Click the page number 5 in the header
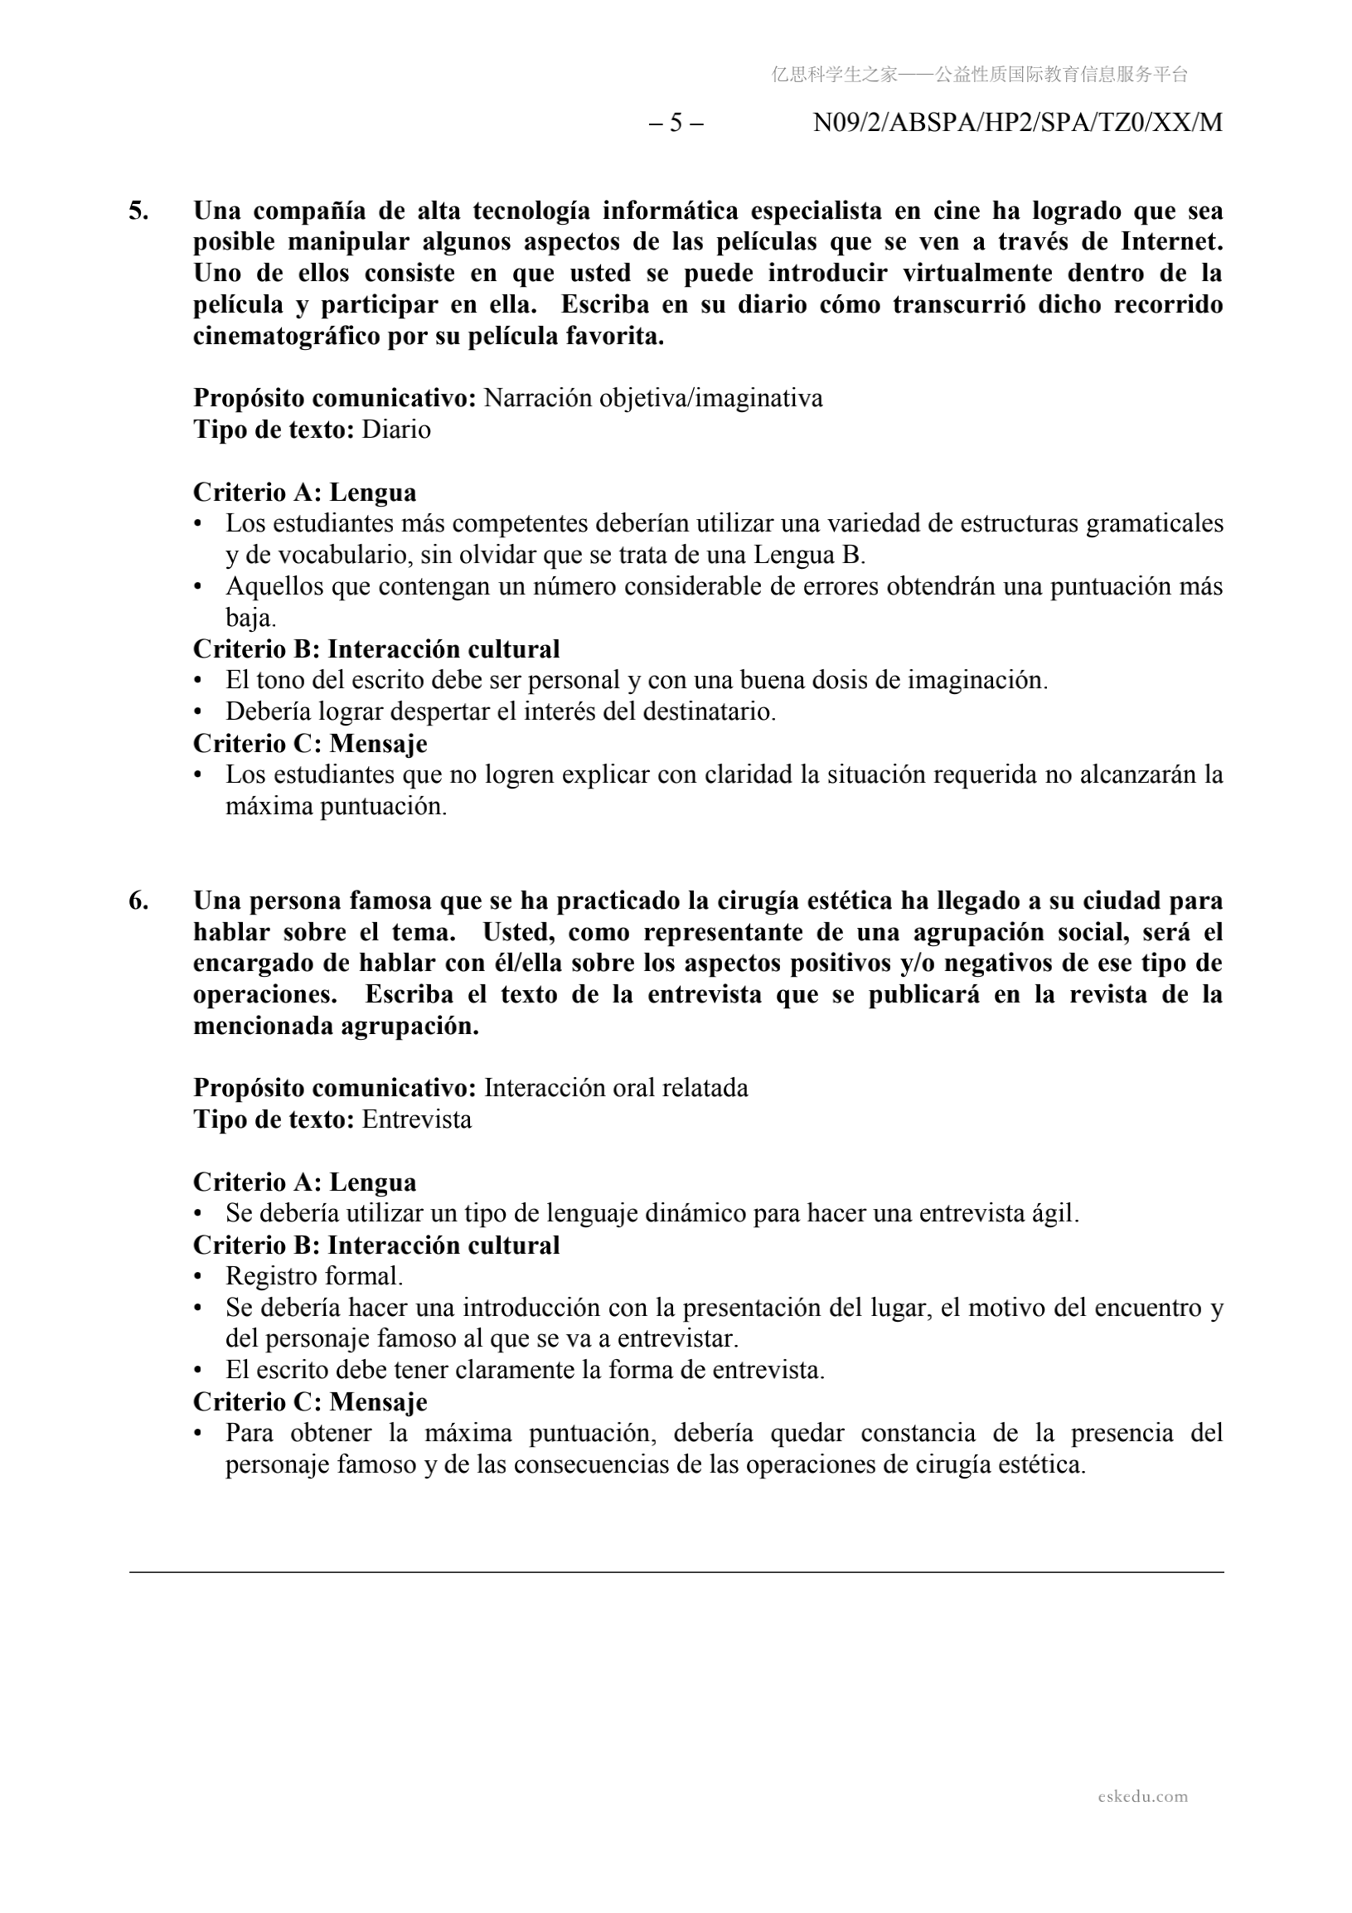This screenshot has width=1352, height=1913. [676, 124]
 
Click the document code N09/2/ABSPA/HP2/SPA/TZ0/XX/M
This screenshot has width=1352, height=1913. [1017, 124]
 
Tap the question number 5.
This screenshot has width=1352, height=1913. [138, 211]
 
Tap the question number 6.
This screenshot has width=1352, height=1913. [138, 901]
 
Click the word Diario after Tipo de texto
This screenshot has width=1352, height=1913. [396, 430]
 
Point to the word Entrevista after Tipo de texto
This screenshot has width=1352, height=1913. [416, 1119]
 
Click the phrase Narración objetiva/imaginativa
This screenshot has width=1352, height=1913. [653, 398]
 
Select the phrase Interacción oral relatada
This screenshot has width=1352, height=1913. [616, 1088]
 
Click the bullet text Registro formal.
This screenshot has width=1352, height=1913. [314, 1276]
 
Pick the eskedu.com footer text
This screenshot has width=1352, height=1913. [1142, 1796]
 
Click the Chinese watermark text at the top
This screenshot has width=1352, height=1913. [980, 75]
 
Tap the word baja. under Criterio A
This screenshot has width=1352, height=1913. [250, 619]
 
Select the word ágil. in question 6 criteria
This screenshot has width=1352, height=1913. [1055, 1214]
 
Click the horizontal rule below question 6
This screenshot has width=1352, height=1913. [676, 1573]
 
